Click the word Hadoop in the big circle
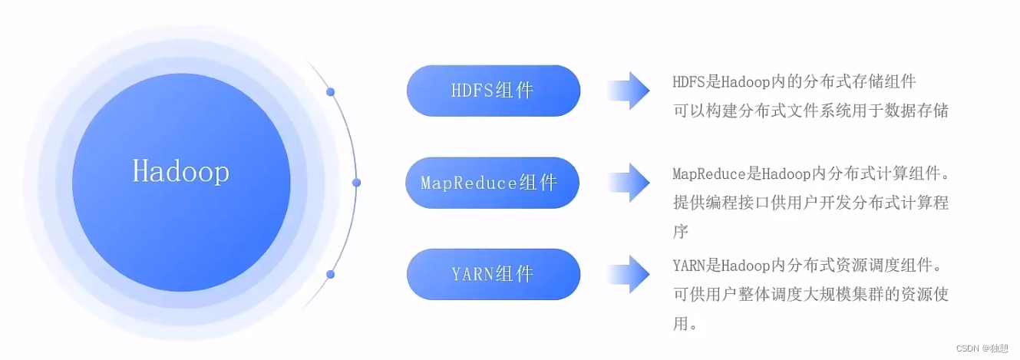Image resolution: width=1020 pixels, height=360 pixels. pos(181,171)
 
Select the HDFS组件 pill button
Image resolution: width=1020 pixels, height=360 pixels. pos(493,91)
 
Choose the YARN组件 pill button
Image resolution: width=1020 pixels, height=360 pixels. pos(493,274)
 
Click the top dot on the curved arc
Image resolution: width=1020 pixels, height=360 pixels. pos(331,92)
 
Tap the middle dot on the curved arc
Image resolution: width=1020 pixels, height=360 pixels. pos(356,183)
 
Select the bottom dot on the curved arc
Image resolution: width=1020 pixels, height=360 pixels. pos(331,274)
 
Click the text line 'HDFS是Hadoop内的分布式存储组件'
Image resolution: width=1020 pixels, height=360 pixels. pos(794,81)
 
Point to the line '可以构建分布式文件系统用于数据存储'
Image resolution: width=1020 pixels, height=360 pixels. pos(810,111)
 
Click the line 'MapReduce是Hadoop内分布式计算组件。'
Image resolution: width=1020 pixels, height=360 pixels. pos(810,174)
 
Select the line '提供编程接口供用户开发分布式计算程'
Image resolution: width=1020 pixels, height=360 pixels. pos(810,203)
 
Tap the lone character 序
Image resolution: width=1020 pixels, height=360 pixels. pos(681,231)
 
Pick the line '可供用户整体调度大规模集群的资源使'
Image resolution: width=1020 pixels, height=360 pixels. pos(810,295)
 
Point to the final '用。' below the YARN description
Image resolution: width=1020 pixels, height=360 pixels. pos(685,323)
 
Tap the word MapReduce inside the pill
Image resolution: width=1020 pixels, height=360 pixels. pos(469,183)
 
